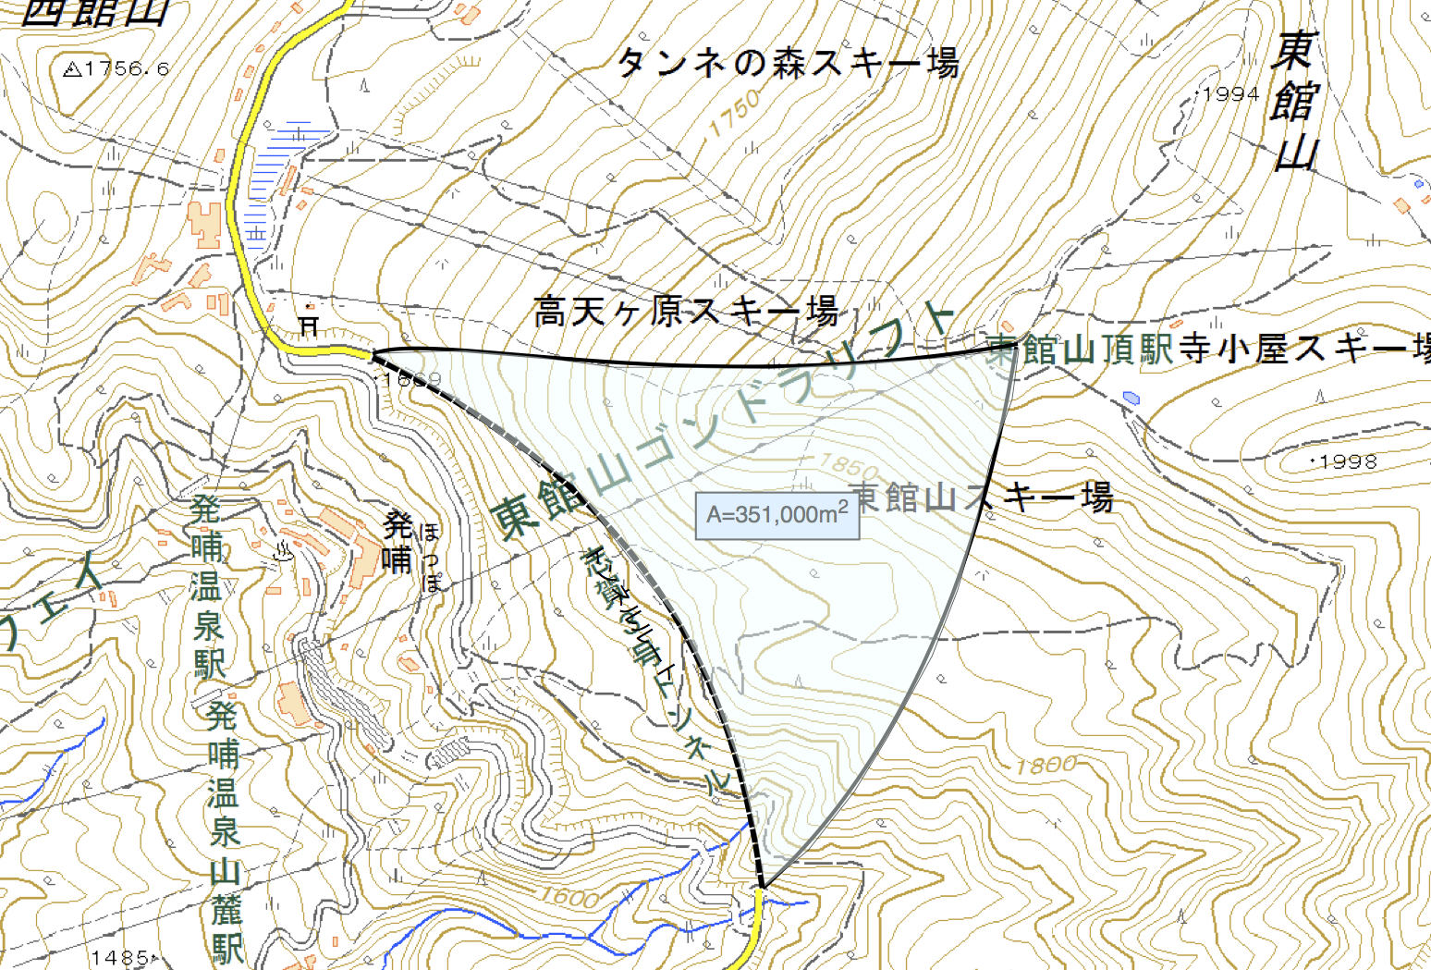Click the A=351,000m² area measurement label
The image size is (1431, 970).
[x=777, y=515]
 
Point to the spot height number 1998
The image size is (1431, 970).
[x=1348, y=461]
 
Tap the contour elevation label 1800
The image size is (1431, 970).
[x=1046, y=766]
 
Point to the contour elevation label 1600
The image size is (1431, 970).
[x=569, y=896]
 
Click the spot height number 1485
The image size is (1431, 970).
[x=121, y=957]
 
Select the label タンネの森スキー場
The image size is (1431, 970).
[x=788, y=63]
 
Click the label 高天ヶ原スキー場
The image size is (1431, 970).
[x=686, y=311]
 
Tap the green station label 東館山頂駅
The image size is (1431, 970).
[x=1080, y=350]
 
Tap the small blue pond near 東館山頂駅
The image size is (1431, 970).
[x=1131, y=398]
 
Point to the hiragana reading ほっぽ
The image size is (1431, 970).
[x=430, y=558]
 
